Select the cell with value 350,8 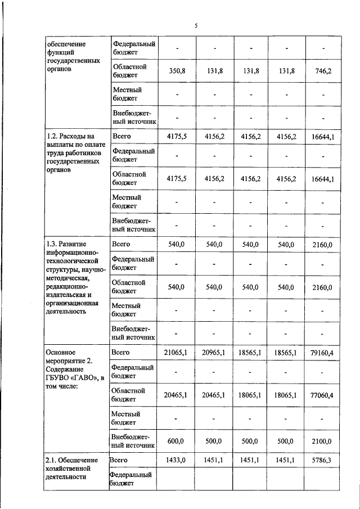[x=177, y=71]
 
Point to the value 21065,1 [x=177, y=352]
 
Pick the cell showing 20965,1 [x=214, y=352]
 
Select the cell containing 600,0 [x=177, y=442]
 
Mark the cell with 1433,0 [x=177, y=460]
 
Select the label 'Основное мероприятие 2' [x=69, y=357]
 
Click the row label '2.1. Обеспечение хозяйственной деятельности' [x=72, y=469]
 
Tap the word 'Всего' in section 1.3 [x=121, y=244]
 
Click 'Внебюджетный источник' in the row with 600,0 [x=133, y=441]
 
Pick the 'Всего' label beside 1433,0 [x=119, y=460]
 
